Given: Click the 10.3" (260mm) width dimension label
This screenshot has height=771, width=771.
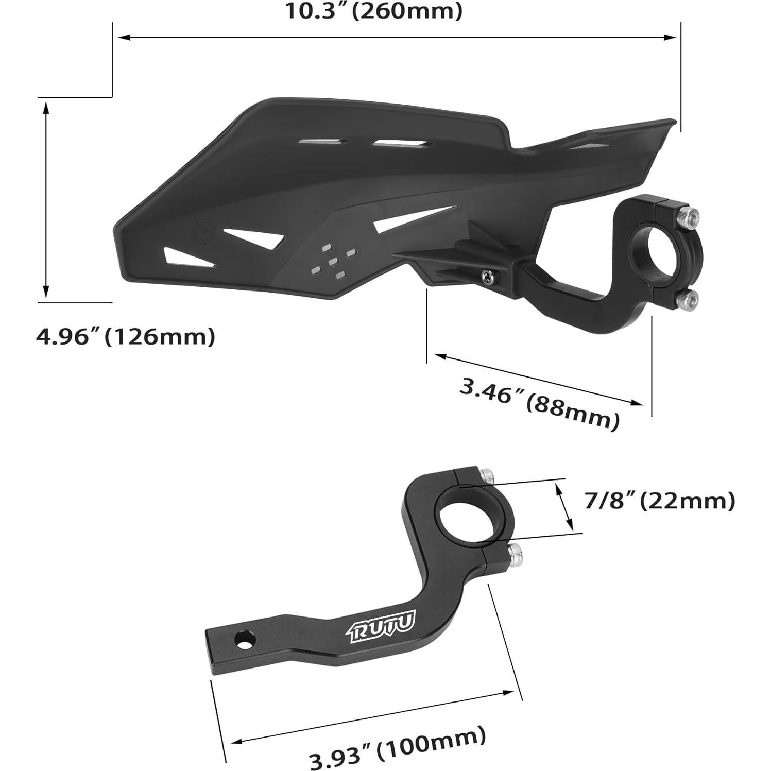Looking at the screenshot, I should [x=374, y=11].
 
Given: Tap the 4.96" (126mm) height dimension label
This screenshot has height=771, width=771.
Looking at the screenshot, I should [x=125, y=337].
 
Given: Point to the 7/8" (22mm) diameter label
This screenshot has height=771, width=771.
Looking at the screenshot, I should [x=659, y=501].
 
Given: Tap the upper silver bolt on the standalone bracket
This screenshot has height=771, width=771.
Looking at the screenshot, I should [x=486, y=474].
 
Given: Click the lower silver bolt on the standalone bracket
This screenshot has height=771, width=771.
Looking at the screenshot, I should [x=515, y=554].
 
